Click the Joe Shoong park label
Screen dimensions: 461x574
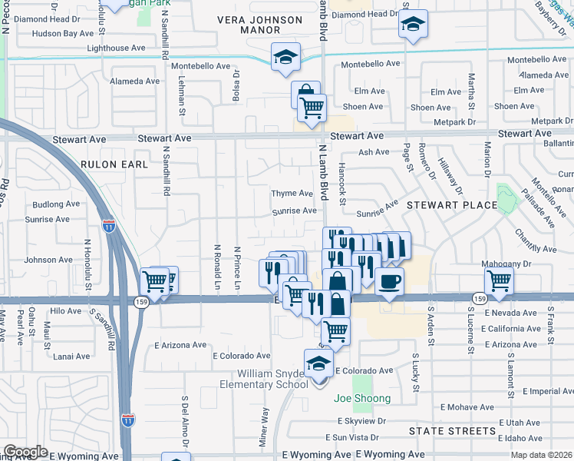[x=362, y=399]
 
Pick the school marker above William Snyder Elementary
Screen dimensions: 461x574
[x=318, y=363]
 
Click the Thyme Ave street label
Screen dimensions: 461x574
[x=292, y=194]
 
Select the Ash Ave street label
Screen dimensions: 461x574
[x=374, y=152]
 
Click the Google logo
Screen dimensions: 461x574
[x=26, y=452]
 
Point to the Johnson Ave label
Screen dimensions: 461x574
[x=48, y=260]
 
